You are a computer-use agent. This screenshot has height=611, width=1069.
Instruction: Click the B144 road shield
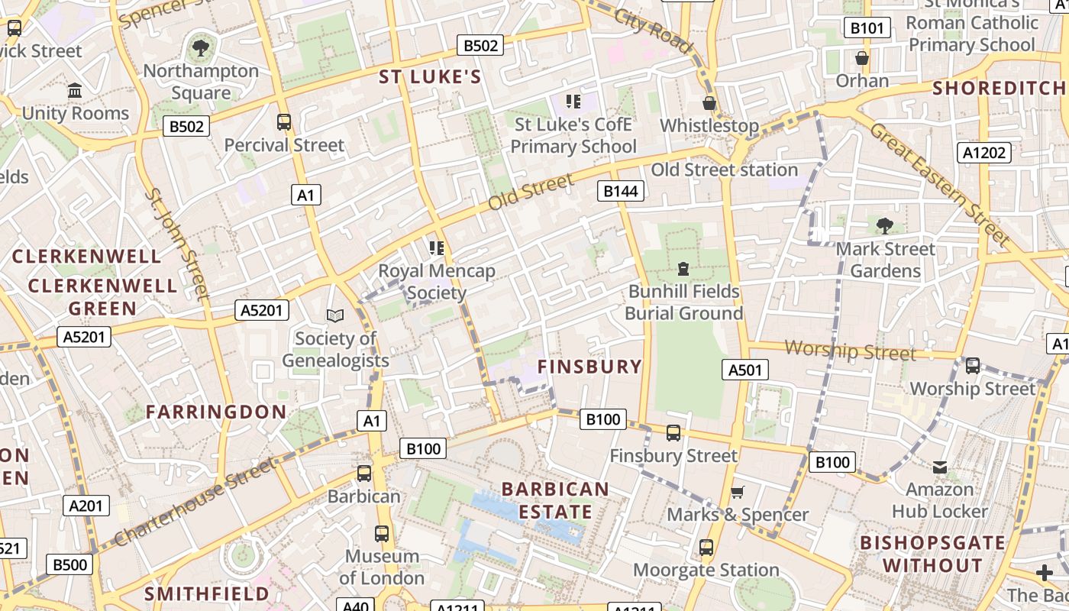coord(620,191)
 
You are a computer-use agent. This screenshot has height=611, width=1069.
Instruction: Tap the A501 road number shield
coord(744,370)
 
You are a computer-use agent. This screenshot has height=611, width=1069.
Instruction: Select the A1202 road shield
coord(984,153)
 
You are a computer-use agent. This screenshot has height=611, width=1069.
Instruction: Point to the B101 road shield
coord(867,29)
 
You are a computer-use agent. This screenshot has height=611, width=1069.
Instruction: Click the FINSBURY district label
coord(589,367)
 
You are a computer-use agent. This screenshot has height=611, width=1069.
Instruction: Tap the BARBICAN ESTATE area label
coord(556,500)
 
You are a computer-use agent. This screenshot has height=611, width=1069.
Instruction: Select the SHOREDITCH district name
coord(999,88)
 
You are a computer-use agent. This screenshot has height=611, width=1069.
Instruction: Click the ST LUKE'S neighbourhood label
coord(431,76)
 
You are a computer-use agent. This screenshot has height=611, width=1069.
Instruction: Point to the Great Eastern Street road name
coord(939,183)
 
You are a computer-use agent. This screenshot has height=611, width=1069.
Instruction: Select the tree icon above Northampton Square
coord(201,49)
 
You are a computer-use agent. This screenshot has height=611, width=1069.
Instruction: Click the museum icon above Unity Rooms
coord(75,91)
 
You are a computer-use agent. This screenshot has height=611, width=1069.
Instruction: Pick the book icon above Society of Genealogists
coord(335,315)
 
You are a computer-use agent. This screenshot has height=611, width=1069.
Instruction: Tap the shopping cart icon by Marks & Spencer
coord(738,493)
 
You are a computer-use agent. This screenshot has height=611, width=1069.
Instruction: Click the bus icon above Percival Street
coord(284,122)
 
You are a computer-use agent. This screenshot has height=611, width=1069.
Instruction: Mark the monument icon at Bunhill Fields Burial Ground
coord(683,269)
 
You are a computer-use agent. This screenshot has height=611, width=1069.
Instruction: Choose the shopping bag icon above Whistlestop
coord(709,103)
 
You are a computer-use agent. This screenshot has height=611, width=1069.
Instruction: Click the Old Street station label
coord(724,170)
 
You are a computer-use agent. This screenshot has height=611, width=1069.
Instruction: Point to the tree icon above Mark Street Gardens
coord(885,225)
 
